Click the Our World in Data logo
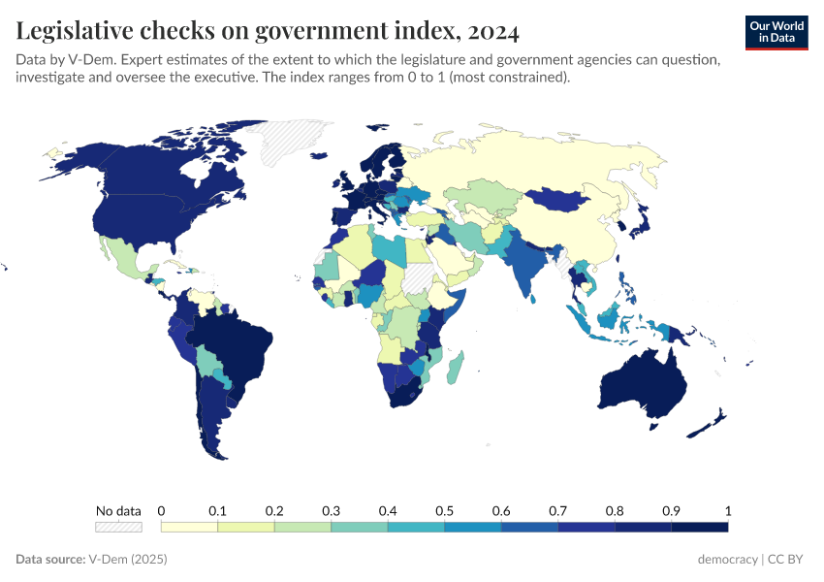coord(776,31)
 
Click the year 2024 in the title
coord(492,31)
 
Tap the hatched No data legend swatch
coord(118,527)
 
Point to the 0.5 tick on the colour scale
coord(444,511)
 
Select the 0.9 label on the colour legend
coord(671,511)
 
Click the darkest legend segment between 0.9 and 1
coord(699,527)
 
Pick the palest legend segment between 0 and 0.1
coord(189,527)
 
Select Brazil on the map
coord(238,344)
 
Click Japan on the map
coord(640,223)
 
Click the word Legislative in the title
coord(78,31)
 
